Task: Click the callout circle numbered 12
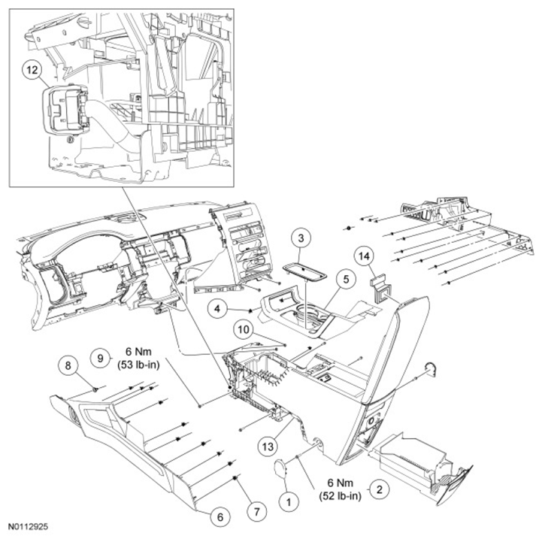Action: click(32, 70)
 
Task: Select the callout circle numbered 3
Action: click(301, 238)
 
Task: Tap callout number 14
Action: click(364, 256)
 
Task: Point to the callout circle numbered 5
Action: click(347, 279)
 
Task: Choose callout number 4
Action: click(217, 308)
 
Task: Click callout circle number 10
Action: click(244, 329)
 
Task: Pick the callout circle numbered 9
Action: click(100, 358)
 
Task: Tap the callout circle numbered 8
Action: click(68, 365)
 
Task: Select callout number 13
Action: click(268, 447)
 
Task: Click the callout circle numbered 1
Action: click(289, 501)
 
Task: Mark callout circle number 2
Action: click(380, 489)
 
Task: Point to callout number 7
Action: click(257, 512)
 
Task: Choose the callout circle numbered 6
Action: click(220, 516)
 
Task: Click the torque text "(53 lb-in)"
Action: click(138, 365)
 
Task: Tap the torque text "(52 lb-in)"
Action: click(340, 495)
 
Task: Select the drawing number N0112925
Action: click(29, 527)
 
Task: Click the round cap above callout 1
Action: click(281, 469)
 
